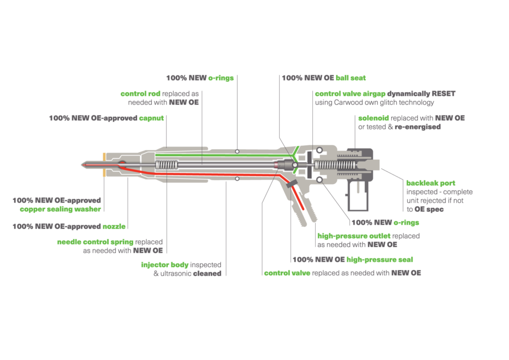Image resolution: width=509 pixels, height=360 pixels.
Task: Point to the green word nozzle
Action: click(114, 226)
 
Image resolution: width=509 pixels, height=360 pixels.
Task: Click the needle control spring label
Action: click(95, 242)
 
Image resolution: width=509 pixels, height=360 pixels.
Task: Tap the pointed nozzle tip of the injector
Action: click(83, 165)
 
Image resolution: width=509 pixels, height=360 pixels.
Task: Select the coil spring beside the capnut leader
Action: click(166, 165)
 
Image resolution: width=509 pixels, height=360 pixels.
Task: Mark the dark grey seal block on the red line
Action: click(291, 185)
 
